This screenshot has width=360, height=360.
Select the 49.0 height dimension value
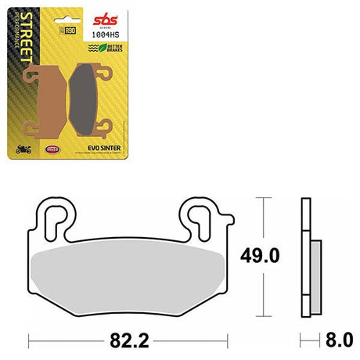[260, 254]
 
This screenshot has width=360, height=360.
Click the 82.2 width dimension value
[128, 340]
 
